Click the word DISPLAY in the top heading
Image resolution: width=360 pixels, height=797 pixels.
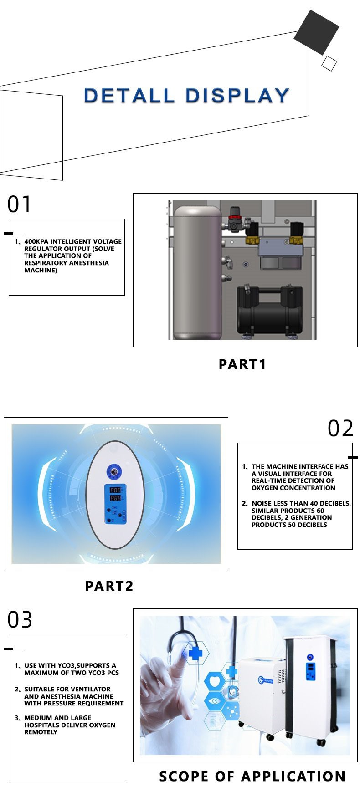(x=238, y=96)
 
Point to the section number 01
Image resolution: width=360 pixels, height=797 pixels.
(x=19, y=204)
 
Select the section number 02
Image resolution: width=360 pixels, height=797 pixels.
(x=340, y=429)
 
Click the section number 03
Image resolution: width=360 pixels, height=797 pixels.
(x=20, y=620)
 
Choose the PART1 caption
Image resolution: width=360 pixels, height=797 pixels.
(x=242, y=364)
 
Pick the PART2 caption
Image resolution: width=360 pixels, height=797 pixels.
(x=109, y=586)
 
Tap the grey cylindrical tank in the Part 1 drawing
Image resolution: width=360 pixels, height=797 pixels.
(x=196, y=271)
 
